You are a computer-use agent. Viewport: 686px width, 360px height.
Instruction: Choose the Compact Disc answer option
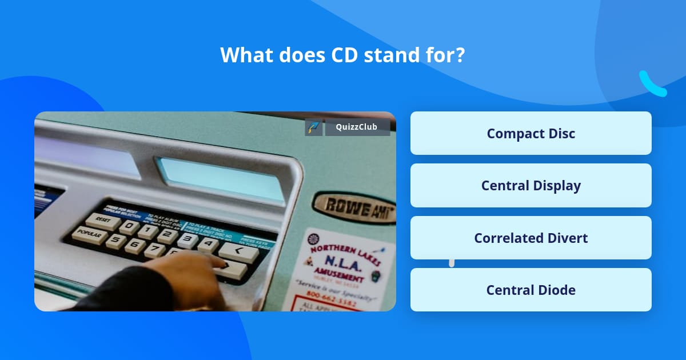(531, 133)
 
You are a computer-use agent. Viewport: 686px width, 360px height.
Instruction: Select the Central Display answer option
(531, 186)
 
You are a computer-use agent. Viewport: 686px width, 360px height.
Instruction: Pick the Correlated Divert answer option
(531, 238)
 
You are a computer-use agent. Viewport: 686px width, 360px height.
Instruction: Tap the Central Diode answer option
(531, 290)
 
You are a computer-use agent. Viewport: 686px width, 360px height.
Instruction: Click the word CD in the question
(344, 55)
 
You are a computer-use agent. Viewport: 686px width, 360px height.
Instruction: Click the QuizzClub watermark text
(357, 127)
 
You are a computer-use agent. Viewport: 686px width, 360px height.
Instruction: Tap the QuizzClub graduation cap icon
(314, 127)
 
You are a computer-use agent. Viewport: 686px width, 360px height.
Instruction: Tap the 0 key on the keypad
(131, 225)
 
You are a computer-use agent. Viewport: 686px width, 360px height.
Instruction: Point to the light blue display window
(220, 178)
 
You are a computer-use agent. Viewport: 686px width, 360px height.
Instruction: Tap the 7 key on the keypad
(154, 250)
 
